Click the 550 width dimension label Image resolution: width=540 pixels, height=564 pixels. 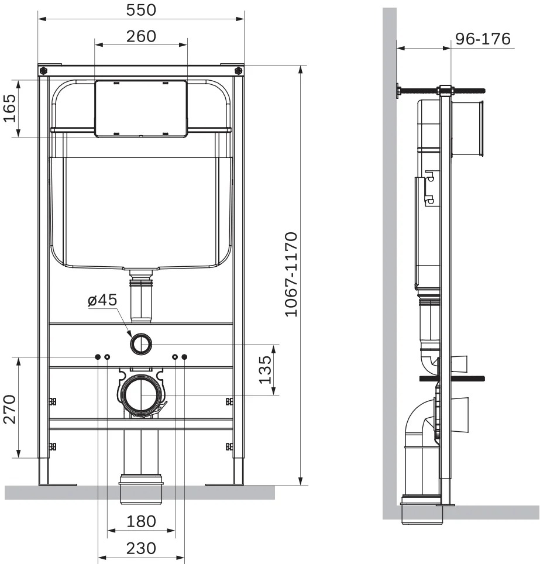[141, 10]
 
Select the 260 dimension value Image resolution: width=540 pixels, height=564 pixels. [141, 36]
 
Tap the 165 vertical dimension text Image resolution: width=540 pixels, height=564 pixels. [10, 108]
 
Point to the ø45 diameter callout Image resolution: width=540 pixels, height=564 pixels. [102, 300]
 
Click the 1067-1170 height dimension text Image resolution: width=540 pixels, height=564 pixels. [291, 274]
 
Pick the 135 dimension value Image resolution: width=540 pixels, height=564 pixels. [265, 370]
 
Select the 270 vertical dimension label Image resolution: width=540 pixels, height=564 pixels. [10, 409]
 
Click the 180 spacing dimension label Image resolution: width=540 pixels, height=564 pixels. [141, 521]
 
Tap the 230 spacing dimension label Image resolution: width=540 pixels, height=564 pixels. [141, 549]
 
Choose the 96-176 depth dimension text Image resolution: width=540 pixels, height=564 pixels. [483, 39]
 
